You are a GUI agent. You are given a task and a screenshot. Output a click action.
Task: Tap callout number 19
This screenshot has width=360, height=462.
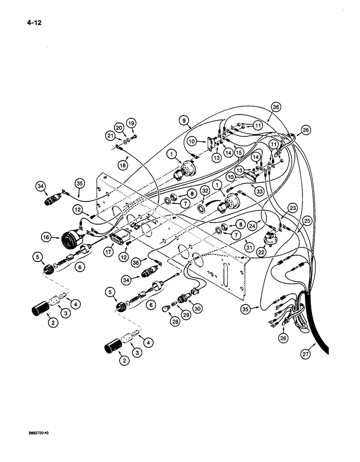point(132,123)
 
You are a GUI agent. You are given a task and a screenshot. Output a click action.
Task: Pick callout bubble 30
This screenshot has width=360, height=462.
point(198,307)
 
